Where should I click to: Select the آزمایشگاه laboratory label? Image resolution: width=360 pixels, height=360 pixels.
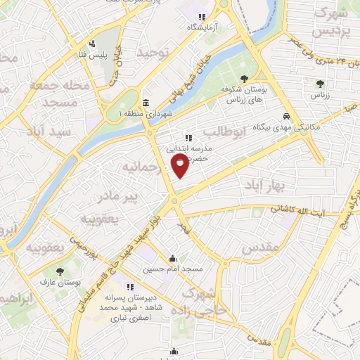[200, 27]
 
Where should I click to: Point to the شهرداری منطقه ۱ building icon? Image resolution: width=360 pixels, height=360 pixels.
[146, 102]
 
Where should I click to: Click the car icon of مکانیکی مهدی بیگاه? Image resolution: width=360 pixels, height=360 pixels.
[286, 117]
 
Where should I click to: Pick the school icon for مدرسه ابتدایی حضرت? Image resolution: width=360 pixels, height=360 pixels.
[188, 138]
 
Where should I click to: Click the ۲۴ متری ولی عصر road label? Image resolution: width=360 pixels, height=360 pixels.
[325, 63]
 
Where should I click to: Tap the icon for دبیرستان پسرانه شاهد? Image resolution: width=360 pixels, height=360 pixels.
[130, 286]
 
